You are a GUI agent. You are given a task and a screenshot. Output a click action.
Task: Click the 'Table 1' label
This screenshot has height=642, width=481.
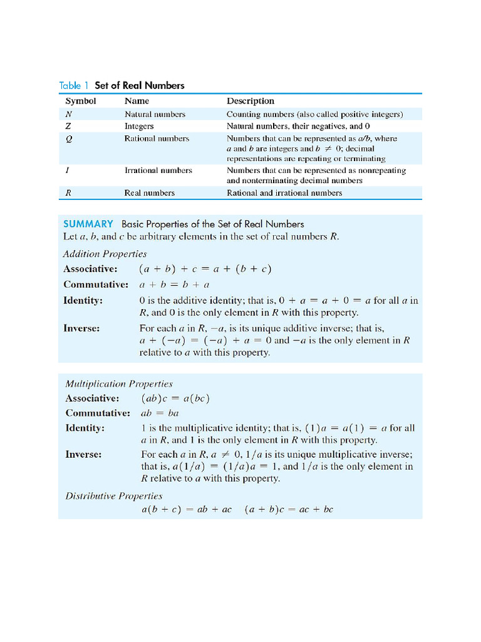click(75, 85)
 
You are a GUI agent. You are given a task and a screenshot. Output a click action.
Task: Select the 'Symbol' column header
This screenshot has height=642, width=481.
click(81, 101)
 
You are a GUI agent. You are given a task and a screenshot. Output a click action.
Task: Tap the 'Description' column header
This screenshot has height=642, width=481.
click(251, 101)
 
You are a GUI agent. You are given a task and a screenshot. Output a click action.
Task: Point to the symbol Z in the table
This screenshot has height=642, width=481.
click(68, 126)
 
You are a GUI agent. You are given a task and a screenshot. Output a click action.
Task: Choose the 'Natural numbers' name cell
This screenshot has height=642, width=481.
click(155, 114)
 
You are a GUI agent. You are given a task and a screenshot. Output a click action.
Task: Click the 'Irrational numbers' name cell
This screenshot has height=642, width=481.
click(158, 171)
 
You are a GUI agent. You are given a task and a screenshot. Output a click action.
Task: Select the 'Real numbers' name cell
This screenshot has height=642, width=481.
click(149, 193)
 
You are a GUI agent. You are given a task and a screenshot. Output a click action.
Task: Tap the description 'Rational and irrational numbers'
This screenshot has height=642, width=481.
click(284, 193)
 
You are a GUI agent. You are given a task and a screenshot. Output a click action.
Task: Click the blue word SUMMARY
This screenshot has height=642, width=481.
click(88, 224)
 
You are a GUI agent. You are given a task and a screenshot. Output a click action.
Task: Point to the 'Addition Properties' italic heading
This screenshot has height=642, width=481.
click(105, 254)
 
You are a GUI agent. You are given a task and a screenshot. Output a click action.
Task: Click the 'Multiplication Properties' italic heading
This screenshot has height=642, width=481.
click(119, 384)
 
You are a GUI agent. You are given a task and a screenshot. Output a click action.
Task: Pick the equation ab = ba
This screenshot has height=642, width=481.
click(160, 413)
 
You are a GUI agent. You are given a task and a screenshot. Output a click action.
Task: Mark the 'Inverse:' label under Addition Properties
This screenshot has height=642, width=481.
click(81, 328)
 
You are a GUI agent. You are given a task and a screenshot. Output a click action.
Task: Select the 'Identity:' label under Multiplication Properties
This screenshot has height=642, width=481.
click(85, 428)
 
